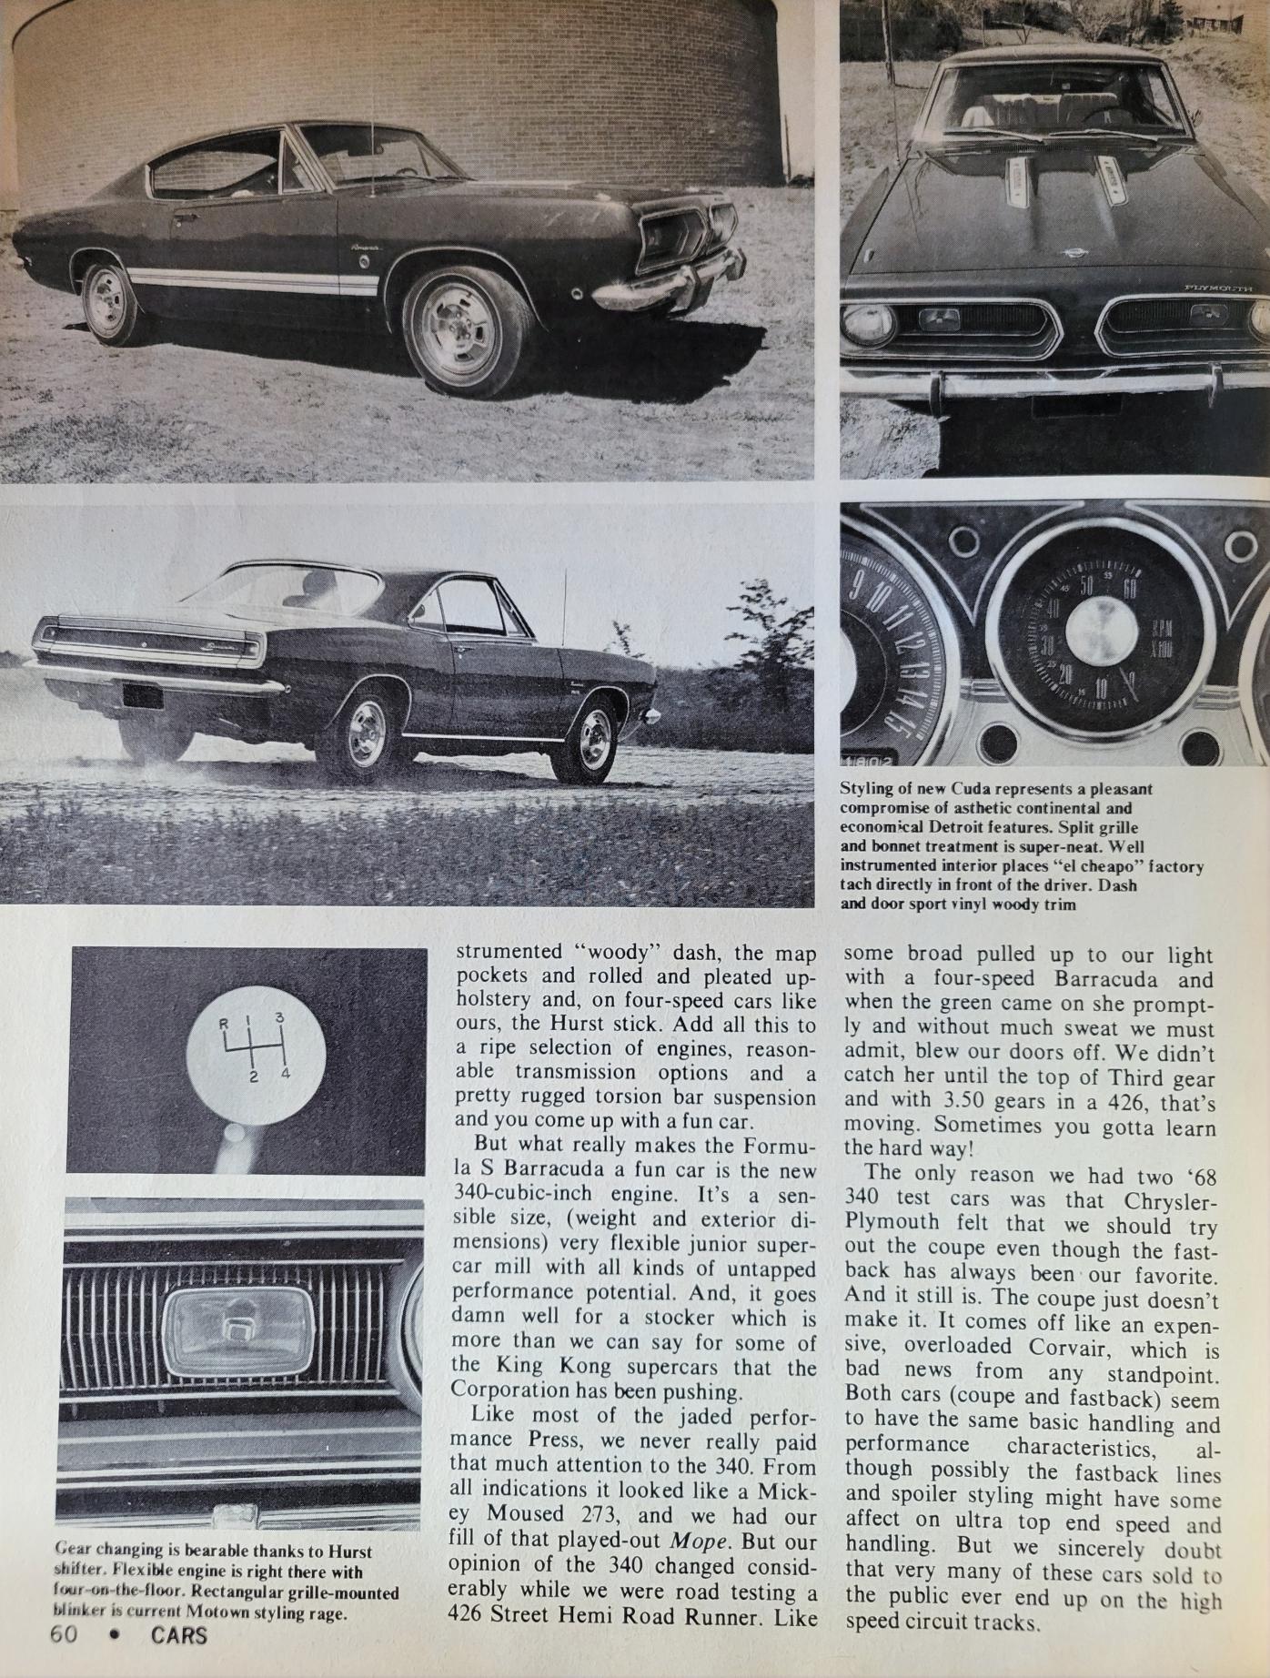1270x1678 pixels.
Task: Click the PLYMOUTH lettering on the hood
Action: (x=1217, y=288)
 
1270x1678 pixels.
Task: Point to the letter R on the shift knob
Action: (x=223, y=1023)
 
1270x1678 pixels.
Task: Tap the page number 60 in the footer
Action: (x=65, y=1635)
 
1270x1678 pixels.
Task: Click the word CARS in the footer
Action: (x=179, y=1635)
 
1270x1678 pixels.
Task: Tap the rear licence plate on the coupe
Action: (x=142, y=696)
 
